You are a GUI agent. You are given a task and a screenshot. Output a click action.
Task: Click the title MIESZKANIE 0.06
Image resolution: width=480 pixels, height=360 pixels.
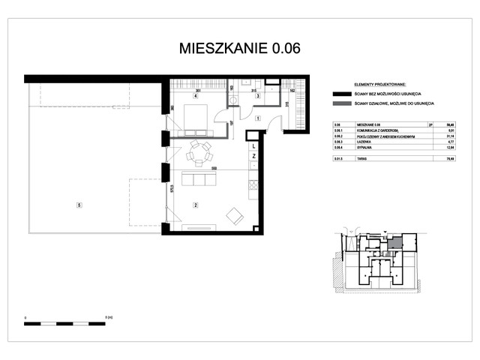click(x=240, y=49)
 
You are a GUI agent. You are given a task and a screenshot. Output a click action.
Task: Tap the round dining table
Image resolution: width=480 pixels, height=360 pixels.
click(x=199, y=154)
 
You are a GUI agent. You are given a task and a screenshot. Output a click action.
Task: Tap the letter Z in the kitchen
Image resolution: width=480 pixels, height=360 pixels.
click(x=255, y=156)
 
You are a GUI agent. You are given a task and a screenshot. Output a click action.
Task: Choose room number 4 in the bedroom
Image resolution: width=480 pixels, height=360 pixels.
click(x=195, y=97)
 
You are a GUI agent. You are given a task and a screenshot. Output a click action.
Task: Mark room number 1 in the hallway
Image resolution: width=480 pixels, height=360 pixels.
click(x=256, y=118)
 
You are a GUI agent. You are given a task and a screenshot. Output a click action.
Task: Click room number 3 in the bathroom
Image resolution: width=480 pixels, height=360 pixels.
click(x=256, y=97)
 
